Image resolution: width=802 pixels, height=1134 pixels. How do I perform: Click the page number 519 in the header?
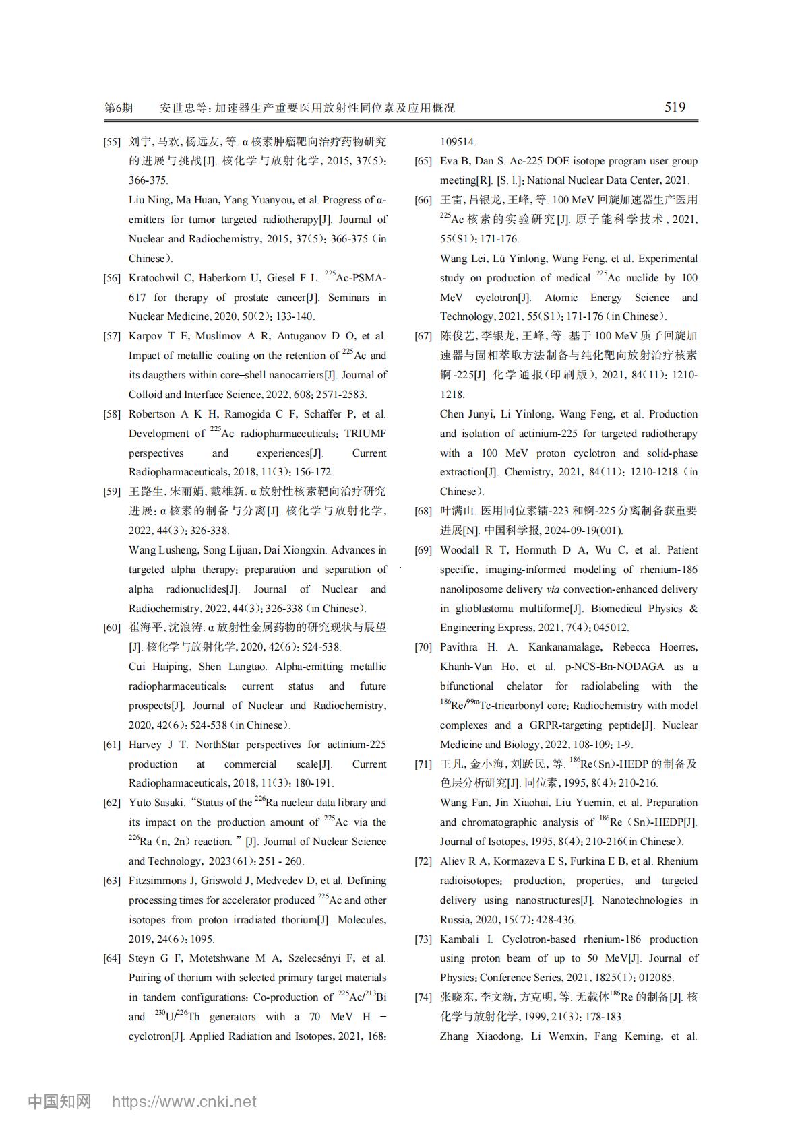click(675, 107)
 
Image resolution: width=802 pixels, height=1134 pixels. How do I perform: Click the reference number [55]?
click(112, 142)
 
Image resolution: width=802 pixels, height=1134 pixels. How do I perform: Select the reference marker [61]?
click(112, 745)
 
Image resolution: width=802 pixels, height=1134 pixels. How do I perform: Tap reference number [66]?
click(423, 200)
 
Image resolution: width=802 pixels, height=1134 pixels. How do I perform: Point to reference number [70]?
click(423, 647)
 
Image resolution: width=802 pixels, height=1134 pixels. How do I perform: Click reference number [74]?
click(423, 997)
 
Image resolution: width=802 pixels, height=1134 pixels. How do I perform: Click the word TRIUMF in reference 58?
click(365, 434)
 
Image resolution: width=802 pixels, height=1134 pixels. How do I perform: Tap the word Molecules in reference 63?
click(361, 920)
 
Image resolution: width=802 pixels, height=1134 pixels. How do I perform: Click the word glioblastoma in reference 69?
click(479, 609)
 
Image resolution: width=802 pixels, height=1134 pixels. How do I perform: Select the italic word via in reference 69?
click(553, 589)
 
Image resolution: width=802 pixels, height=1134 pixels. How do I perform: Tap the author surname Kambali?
click(460, 939)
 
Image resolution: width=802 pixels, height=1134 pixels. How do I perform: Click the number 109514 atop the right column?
click(458, 142)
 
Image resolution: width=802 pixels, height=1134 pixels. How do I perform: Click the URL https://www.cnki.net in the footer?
click(183, 1102)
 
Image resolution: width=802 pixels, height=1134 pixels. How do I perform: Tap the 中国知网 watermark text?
click(59, 1102)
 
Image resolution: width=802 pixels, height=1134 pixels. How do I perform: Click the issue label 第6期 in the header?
click(119, 108)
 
